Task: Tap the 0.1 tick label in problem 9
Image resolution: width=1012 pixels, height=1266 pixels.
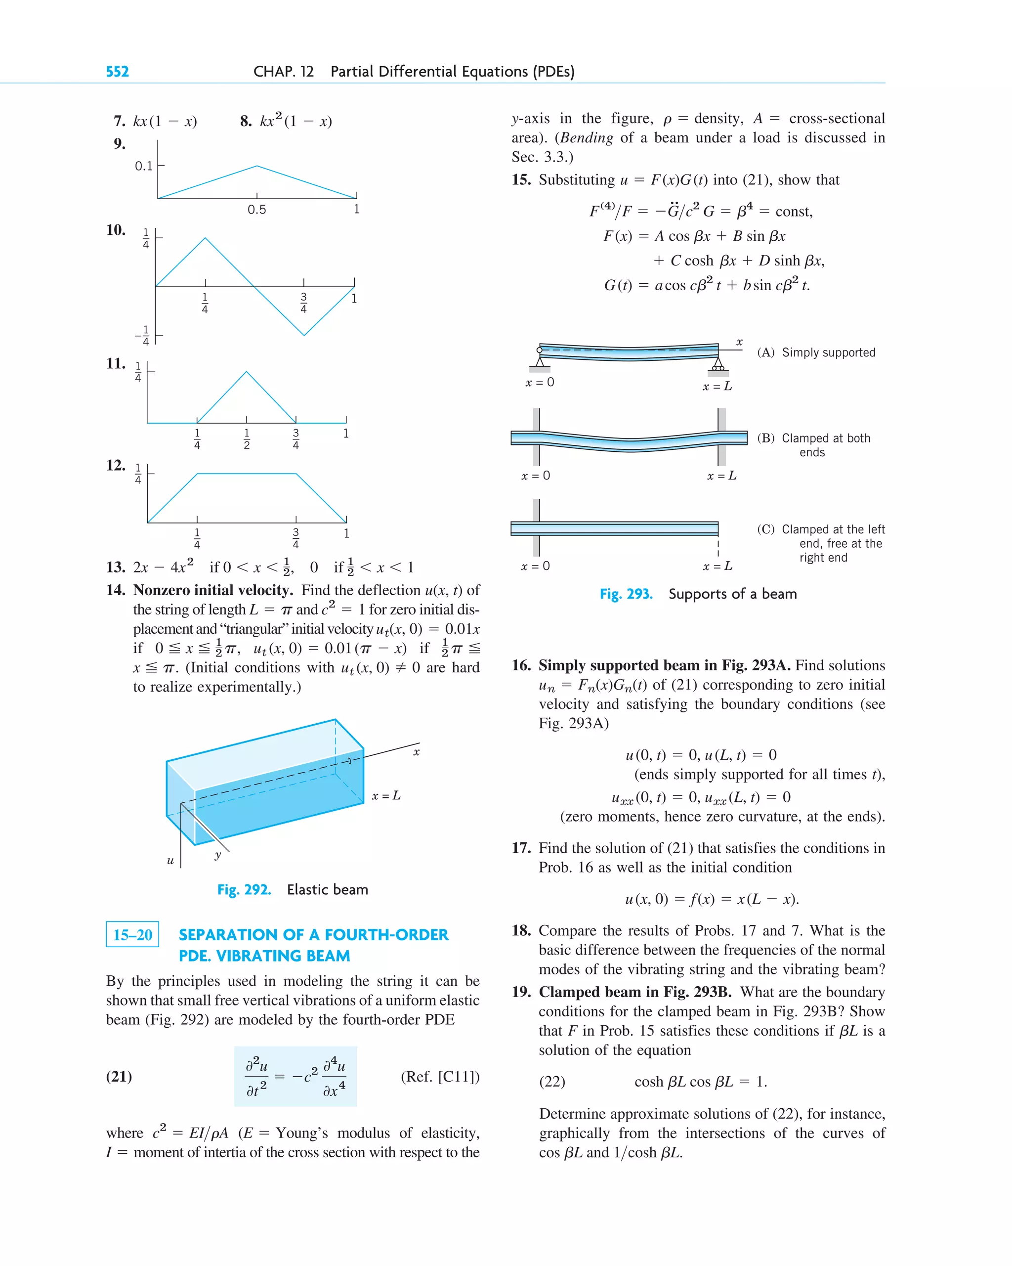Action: pyautogui.click(x=143, y=166)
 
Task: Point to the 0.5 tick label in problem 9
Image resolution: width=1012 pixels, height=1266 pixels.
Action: pyautogui.click(x=256, y=210)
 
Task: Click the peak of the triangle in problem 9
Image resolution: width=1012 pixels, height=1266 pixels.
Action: pyautogui.click(x=256, y=166)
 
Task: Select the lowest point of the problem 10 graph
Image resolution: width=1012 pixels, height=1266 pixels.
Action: pyautogui.click(x=304, y=335)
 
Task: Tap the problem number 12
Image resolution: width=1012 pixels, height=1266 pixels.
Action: pyautogui.click(x=116, y=466)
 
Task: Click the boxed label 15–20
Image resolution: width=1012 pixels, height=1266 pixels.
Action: pyautogui.click(x=132, y=934)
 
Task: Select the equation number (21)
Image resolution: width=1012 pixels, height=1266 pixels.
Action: pyautogui.click(x=119, y=1076)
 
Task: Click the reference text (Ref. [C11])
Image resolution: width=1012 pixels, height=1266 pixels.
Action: pyautogui.click(x=440, y=1076)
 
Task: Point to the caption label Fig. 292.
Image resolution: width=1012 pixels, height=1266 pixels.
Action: pyautogui.click(x=244, y=890)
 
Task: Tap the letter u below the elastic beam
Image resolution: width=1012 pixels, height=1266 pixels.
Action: pyautogui.click(x=170, y=861)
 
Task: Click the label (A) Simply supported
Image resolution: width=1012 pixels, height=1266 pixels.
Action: pyautogui.click(x=816, y=352)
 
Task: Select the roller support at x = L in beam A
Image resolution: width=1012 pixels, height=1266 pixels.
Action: pyautogui.click(x=718, y=365)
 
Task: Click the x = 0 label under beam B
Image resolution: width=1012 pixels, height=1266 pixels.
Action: pyautogui.click(x=535, y=476)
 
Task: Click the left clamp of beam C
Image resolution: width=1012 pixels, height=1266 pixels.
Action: pyautogui.click(x=536, y=527)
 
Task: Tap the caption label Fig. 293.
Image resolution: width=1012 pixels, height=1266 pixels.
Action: pyautogui.click(x=626, y=594)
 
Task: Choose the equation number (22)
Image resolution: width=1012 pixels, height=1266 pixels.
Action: pyautogui.click(x=552, y=1082)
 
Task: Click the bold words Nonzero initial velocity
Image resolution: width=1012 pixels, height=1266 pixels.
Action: pyautogui.click(x=213, y=590)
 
